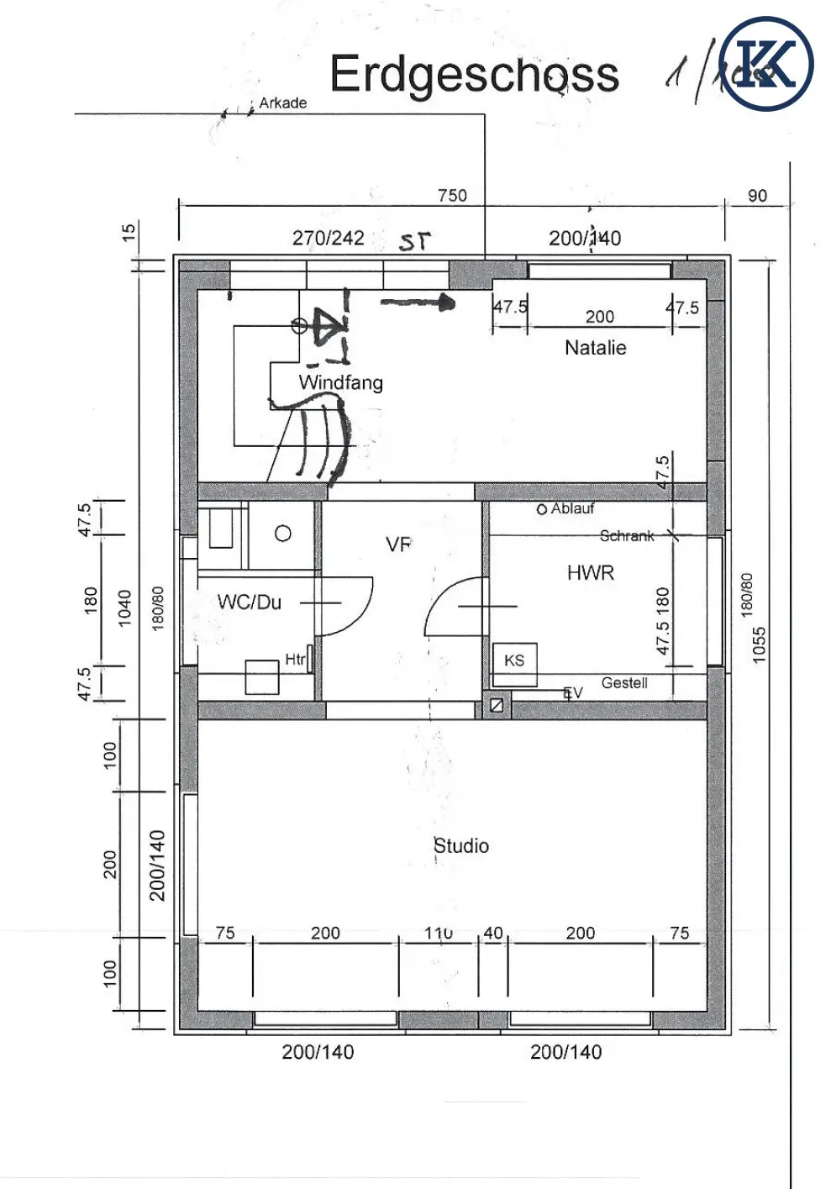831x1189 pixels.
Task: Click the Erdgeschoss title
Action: pyautogui.click(x=474, y=75)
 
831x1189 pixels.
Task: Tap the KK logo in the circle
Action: pyautogui.click(x=766, y=64)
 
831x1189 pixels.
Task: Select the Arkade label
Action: pyautogui.click(x=282, y=103)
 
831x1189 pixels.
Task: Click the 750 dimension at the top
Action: pyautogui.click(x=452, y=196)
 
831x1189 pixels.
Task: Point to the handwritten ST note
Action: pyautogui.click(x=414, y=242)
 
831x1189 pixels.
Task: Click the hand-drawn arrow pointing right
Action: pyautogui.click(x=418, y=303)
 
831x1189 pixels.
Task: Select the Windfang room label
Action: pyautogui.click(x=340, y=383)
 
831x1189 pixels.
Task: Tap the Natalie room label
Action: pyautogui.click(x=595, y=348)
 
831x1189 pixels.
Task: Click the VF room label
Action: pyautogui.click(x=399, y=545)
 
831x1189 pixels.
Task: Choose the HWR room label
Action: pyautogui.click(x=591, y=573)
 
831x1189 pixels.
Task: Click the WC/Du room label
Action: pyautogui.click(x=249, y=602)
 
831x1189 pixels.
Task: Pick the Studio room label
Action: pyautogui.click(x=461, y=846)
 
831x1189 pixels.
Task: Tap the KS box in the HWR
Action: pyautogui.click(x=514, y=660)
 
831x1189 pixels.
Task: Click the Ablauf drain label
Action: pyautogui.click(x=571, y=509)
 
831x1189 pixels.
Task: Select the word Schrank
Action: pyautogui.click(x=627, y=536)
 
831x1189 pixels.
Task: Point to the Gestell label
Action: pyautogui.click(x=624, y=683)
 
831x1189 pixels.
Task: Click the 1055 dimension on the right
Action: pyautogui.click(x=760, y=644)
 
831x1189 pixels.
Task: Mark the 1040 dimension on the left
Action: pyautogui.click(x=124, y=608)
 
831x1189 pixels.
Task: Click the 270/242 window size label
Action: pyautogui.click(x=328, y=239)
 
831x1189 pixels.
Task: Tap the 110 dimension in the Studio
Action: pyautogui.click(x=439, y=934)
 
